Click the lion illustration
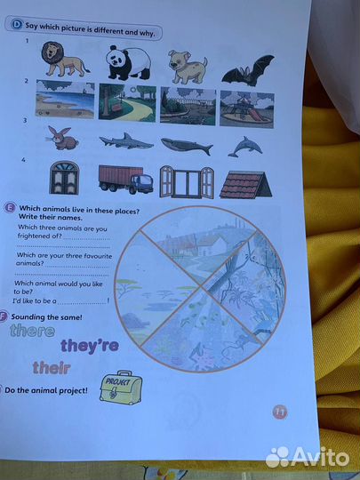(x=65, y=59)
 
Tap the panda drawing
(x=129, y=63)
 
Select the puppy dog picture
(x=187, y=67)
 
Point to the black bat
(x=248, y=71)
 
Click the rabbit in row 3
(x=62, y=139)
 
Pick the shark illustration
(x=126, y=141)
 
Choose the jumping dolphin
(x=245, y=147)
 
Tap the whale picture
(x=187, y=146)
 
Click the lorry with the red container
(x=126, y=179)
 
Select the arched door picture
(x=64, y=178)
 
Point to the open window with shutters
(x=187, y=182)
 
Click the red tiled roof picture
(x=246, y=185)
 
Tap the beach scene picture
(x=65, y=100)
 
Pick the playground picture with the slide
(x=247, y=109)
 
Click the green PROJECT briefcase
(x=121, y=388)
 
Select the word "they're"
(x=90, y=346)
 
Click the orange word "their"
(x=52, y=368)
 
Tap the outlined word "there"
(x=33, y=331)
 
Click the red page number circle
(x=279, y=412)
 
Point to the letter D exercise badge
(x=17, y=24)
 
